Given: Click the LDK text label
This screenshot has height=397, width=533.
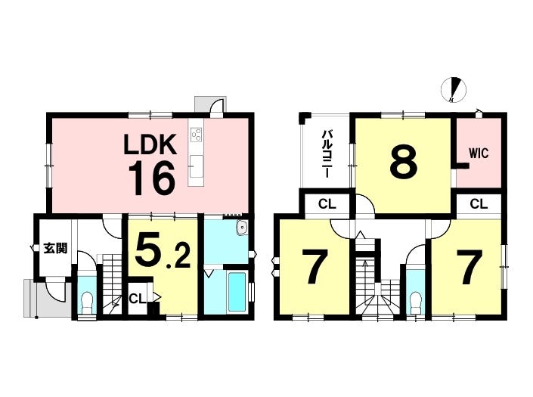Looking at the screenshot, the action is click(x=150, y=144).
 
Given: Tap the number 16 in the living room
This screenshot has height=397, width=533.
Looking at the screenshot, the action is click(x=152, y=178).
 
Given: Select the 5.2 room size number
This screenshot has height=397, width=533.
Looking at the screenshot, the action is click(x=163, y=250).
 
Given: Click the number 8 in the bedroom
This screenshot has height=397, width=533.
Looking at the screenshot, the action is click(x=404, y=162).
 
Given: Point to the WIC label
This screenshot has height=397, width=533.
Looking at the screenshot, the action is click(x=479, y=154).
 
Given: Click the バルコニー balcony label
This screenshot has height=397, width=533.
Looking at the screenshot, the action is click(x=326, y=154).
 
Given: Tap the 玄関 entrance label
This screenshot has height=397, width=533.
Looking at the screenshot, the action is click(x=55, y=249).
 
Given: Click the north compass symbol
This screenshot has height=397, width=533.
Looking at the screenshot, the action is click(x=454, y=90).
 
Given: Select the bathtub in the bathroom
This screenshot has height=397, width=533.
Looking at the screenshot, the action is click(x=237, y=292).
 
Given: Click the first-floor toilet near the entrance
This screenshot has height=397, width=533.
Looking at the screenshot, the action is click(x=88, y=302).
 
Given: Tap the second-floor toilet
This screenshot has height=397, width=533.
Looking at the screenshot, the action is click(x=416, y=303).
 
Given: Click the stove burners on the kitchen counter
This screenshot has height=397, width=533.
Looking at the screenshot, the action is click(x=196, y=135).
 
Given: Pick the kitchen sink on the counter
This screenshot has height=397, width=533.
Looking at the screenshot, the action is click(x=196, y=166).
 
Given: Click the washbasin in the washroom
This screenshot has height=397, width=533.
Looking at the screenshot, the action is click(x=243, y=228).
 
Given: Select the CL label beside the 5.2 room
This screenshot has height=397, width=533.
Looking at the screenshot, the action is click(x=138, y=299).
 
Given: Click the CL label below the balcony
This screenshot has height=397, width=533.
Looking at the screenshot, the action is click(x=327, y=204).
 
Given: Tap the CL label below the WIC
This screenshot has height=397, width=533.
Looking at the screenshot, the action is click(x=479, y=204).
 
